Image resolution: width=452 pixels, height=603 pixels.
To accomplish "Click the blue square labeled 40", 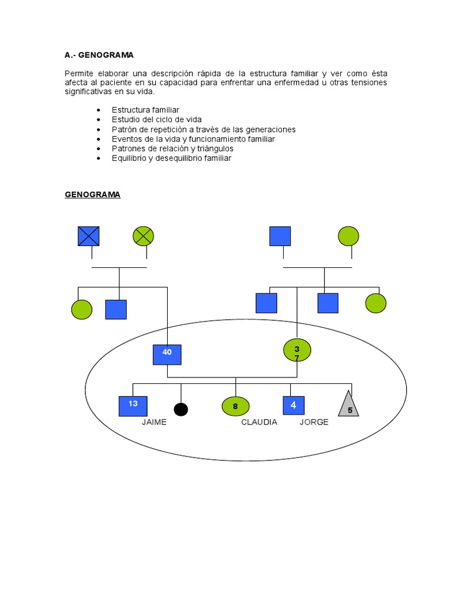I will click(167, 354).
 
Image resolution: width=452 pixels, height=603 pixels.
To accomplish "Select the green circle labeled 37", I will click(297, 351).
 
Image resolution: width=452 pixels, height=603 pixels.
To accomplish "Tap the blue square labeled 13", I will click(133, 406).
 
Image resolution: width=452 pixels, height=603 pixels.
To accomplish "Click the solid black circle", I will click(181, 409).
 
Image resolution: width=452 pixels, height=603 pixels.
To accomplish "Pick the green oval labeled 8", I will click(235, 406).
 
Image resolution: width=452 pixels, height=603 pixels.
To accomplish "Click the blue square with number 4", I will click(293, 406).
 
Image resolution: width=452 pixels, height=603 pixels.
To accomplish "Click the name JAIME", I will click(154, 422).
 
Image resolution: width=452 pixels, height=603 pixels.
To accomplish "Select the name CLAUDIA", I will click(259, 422).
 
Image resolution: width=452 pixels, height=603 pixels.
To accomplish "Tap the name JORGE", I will click(314, 422).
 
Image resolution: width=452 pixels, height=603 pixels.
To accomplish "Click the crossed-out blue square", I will click(89, 236).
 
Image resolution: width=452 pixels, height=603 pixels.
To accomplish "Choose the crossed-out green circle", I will click(143, 236).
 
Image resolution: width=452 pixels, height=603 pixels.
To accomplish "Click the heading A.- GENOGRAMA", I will click(99, 55).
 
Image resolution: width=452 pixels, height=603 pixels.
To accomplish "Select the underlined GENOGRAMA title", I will click(92, 194).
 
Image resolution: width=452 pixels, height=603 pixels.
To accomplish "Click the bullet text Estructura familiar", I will click(145, 110).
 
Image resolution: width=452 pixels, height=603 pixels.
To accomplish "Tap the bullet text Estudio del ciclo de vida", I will click(157, 120).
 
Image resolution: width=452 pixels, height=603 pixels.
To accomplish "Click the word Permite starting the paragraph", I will click(79, 73).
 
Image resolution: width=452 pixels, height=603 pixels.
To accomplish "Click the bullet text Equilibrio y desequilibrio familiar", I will click(171, 158).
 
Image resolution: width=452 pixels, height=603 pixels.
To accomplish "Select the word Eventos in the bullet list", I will click(126, 139).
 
